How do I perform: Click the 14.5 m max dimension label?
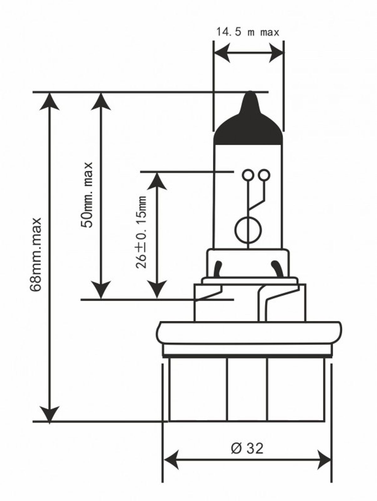pos(248,32)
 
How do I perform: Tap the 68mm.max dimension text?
pos(36,255)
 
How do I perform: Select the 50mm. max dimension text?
pos(87,194)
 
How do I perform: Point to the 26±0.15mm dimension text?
pos(141,232)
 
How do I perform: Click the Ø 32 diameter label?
pos(247,448)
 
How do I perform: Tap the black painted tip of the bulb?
pos(248,125)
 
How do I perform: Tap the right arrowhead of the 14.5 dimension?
pos(276,52)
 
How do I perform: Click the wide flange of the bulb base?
pos(249,333)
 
